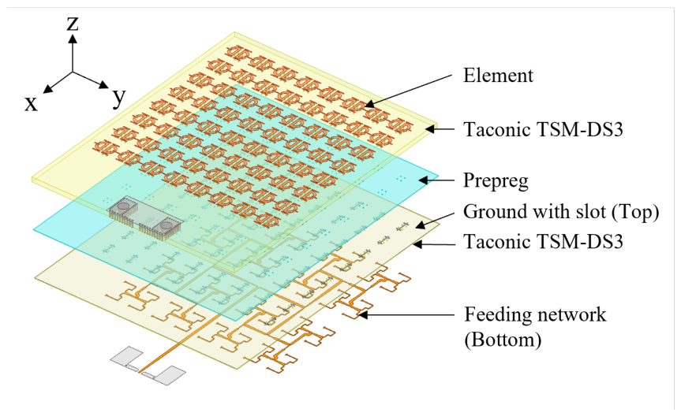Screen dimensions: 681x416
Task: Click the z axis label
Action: click(x=73, y=24)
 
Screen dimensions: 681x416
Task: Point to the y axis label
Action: click(x=118, y=97)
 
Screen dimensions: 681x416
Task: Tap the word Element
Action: click(x=498, y=76)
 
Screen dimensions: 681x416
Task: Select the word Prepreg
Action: click(x=496, y=181)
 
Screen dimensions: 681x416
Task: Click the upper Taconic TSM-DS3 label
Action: click(x=543, y=129)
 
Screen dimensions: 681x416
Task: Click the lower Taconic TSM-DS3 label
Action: click(x=543, y=241)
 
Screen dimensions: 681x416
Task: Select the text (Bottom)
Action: click(x=503, y=340)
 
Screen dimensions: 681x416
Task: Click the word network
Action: click(x=570, y=315)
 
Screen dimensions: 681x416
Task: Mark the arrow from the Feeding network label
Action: click(x=406, y=314)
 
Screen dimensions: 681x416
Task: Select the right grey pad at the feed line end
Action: click(x=167, y=376)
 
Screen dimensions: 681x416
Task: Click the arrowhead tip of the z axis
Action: click(x=73, y=35)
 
